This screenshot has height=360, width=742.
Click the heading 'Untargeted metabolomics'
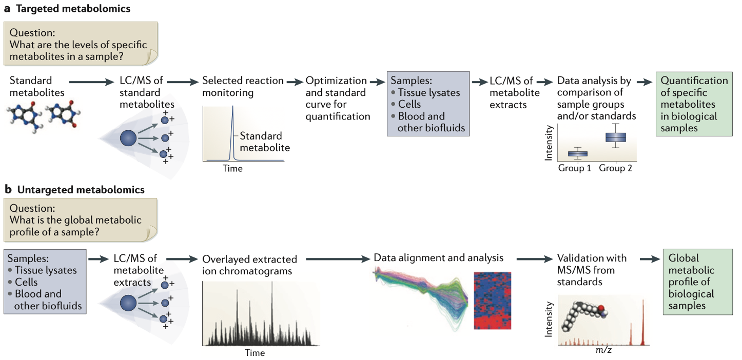(81, 190)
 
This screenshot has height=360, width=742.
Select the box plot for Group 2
(615, 137)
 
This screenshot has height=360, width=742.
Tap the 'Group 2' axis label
(616, 168)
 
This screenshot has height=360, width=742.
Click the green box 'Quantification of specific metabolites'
(694, 104)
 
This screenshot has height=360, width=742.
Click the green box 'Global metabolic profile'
(694, 282)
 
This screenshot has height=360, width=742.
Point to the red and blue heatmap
(492, 301)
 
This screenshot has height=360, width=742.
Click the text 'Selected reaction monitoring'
(243, 87)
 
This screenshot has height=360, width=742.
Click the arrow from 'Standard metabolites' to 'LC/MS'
(89, 81)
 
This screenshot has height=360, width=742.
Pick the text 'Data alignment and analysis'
(439, 257)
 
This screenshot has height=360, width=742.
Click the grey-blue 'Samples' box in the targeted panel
(428, 105)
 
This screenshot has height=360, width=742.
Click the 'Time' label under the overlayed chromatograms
(255, 353)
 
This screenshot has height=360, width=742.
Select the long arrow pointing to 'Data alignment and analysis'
(334, 258)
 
